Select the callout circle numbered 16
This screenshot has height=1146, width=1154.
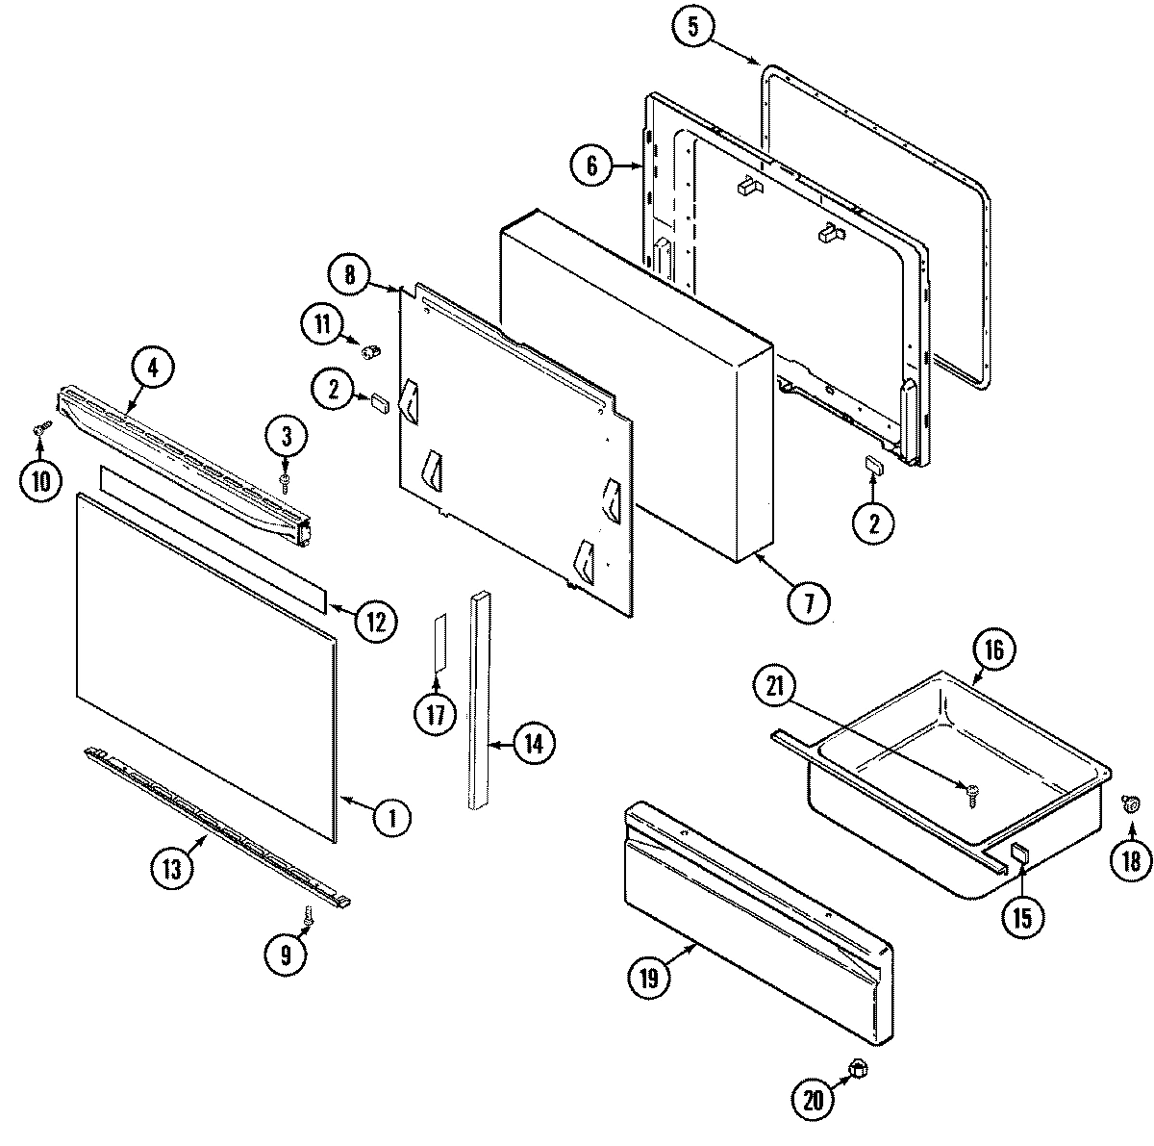tap(993, 650)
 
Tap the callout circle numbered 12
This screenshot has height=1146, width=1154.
tap(375, 621)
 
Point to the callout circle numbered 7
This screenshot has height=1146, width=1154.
tap(808, 603)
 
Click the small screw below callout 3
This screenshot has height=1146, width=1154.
tap(286, 478)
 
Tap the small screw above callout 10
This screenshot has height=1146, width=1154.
tap(39, 430)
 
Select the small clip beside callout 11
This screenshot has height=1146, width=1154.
tap(369, 350)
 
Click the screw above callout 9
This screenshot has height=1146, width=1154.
tap(308, 919)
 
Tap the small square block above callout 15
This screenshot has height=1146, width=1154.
tap(1019, 852)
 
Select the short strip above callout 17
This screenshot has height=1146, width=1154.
tap(439, 642)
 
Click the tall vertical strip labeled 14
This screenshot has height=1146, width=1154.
tap(480, 700)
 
